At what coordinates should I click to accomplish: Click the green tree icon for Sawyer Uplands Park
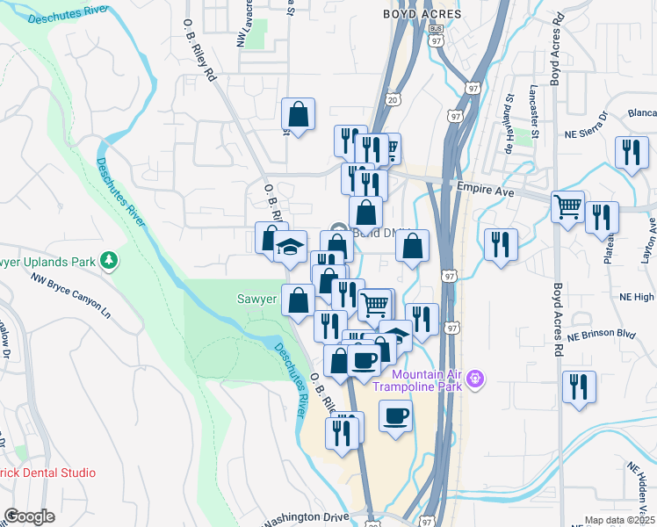coord(108,260)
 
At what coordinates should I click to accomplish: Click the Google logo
coord(29,516)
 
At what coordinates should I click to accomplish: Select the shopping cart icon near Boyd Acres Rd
coord(567,206)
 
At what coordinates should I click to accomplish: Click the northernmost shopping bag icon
coord(298,113)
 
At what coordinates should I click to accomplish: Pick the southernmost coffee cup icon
coord(395,415)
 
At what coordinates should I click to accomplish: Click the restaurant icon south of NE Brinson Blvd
coord(579,386)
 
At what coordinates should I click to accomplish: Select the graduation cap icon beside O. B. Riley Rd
coord(290,249)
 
